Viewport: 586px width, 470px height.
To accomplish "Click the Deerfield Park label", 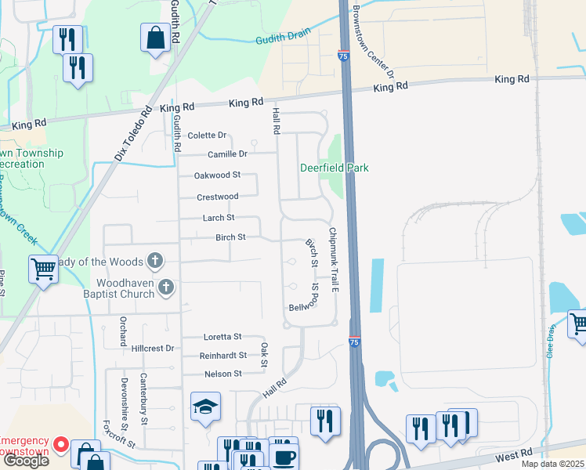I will pyautogui.click(x=334, y=168).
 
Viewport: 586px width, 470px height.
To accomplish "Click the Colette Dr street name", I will pyautogui.click(x=207, y=136).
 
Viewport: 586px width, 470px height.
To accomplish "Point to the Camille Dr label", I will pyautogui.click(x=227, y=154).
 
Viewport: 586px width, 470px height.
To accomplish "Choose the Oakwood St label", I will pyautogui.click(x=218, y=175).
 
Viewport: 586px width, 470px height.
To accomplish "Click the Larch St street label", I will pyautogui.click(x=219, y=218).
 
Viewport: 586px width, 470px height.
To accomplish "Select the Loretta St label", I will pyautogui.click(x=222, y=337).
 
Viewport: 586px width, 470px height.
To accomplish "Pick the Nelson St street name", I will pyautogui.click(x=223, y=374).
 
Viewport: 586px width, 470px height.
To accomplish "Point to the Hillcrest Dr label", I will pyautogui.click(x=153, y=348).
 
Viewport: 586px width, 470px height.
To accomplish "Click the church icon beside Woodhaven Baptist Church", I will pyautogui.click(x=166, y=287).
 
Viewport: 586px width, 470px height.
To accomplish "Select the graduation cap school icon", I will pyautogui.click(x=205, y=406).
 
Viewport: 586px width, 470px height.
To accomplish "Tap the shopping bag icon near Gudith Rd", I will pyautogui.click(x=155, y=37).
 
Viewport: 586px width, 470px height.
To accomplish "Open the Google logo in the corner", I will pyautogui.click(x=25, y=461).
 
